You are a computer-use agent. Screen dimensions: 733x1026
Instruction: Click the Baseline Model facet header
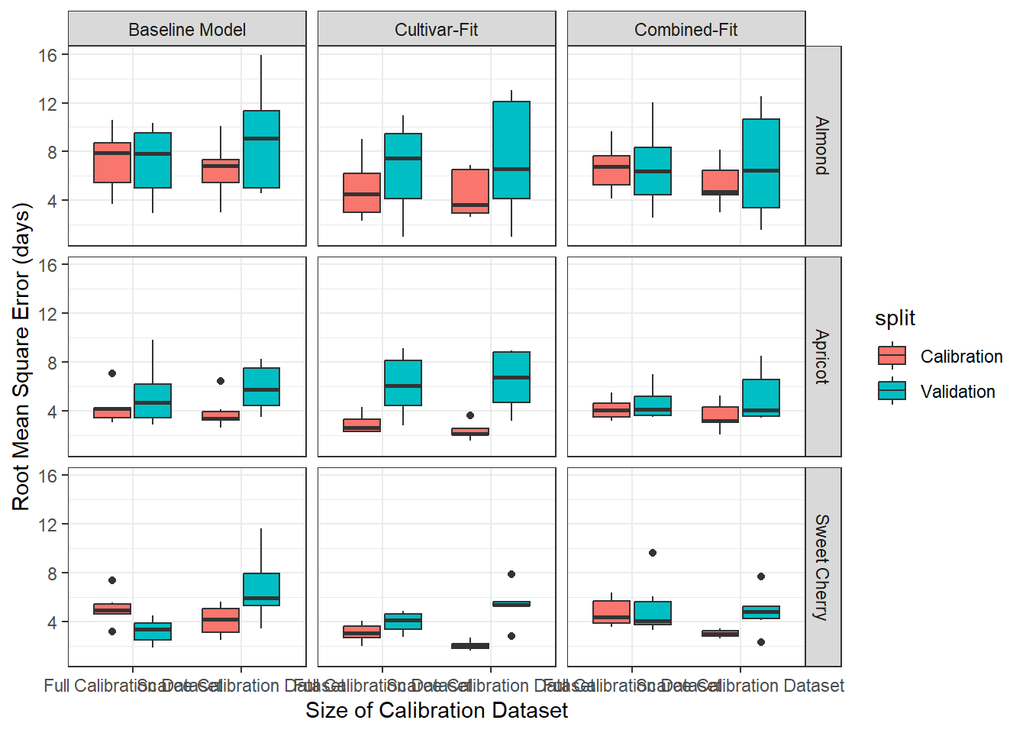pyautogui.click(x=187, y=30)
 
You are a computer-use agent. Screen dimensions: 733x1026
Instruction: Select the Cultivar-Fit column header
pyautogui.click(x=436, y=30)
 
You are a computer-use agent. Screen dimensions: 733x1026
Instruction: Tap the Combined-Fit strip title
pyautogui.click(x=686, y=30)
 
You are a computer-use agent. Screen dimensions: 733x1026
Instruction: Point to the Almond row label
pyautogui.click(x=822, y=146)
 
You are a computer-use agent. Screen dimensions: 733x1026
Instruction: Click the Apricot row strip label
pyautogui.click(x=822, y=357)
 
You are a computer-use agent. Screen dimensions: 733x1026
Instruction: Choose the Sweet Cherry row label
pyautogui.click(x=822, y=567)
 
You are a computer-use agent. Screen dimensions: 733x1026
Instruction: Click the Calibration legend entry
pyautogui.click(x=961, y=357)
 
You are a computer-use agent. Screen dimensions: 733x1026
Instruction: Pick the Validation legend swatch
pyautogui.click(x=892, y=391)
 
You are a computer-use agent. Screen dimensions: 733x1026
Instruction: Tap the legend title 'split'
pyautogui.click(x=895, y=318)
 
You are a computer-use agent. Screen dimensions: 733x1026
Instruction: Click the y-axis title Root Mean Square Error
pyautogui.click(x=21, y=357)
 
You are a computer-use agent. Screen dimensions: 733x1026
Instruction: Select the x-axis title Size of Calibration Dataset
pyautogui.click(x=436, y=710)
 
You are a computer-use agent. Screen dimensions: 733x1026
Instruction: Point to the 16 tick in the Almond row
pyautogui.click(x=48, y=55)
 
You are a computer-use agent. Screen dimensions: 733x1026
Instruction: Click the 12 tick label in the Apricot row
pyautogui.click(x=48, y=314)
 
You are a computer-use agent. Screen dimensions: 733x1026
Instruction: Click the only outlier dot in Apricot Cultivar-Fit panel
pyautogui.click(x=470, y=415)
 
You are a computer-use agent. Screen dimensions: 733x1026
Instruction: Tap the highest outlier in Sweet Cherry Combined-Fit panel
pyautogui.click(x=653, y=553)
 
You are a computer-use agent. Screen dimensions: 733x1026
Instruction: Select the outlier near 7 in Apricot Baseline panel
pyautogui.click(x=112, y=373)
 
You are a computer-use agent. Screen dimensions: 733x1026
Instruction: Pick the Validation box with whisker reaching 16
pyautogui.click(x=261, y=149)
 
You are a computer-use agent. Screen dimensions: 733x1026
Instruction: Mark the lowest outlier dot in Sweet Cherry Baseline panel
pyautogui.click(x=112, y=631)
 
